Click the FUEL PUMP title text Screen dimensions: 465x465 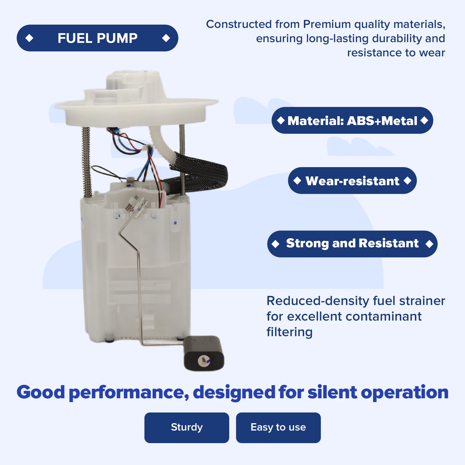coord(97,38)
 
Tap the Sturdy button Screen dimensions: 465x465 coord(187,428)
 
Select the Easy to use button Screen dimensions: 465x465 coord(278,428)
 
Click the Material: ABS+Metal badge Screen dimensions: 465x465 coord(352,121)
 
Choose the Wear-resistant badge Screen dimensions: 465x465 coord(352,181)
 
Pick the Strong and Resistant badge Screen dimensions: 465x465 coord(352,244)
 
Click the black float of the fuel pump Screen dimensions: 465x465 coord(204,353)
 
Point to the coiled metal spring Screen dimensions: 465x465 coord(87,161)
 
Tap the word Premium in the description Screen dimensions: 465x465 coord(327,24)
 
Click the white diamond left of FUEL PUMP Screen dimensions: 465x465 coord(29,38)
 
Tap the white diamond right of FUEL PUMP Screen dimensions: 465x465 coord(166,38)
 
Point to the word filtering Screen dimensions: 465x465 coord(289,332)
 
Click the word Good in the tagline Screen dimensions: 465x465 coord(41,392)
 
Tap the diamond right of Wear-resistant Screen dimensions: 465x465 coord(408,181)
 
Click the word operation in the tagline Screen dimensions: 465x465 coord(405,392)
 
